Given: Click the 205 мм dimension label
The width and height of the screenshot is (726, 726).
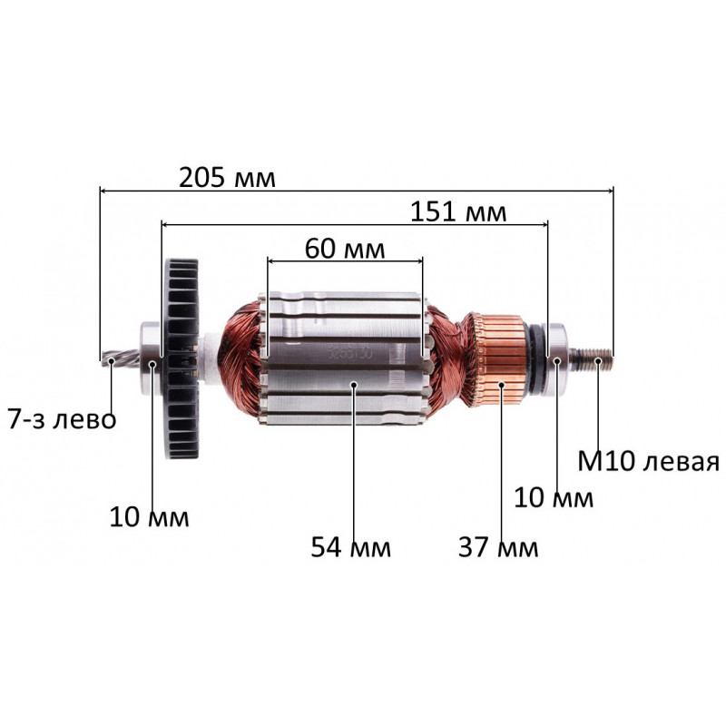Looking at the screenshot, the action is click(227, 178).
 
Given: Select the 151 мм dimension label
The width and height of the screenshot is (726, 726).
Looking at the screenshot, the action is click(458, 212).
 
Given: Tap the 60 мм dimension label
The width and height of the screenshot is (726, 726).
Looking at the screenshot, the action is click(345, 249).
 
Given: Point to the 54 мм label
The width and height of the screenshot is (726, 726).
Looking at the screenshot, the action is click(350, 547).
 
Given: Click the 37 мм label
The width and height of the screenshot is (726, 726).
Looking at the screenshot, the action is click(498, 547).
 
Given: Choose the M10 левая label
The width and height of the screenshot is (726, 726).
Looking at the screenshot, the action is click(648, 461).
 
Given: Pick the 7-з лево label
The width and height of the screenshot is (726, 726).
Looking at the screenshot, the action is click(62, 420).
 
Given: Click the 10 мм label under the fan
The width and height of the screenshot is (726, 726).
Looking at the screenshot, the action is click(149, 516).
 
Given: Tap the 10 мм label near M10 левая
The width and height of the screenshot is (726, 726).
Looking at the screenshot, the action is click(554, 497).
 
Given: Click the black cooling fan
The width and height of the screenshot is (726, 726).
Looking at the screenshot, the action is click(181, 358).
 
